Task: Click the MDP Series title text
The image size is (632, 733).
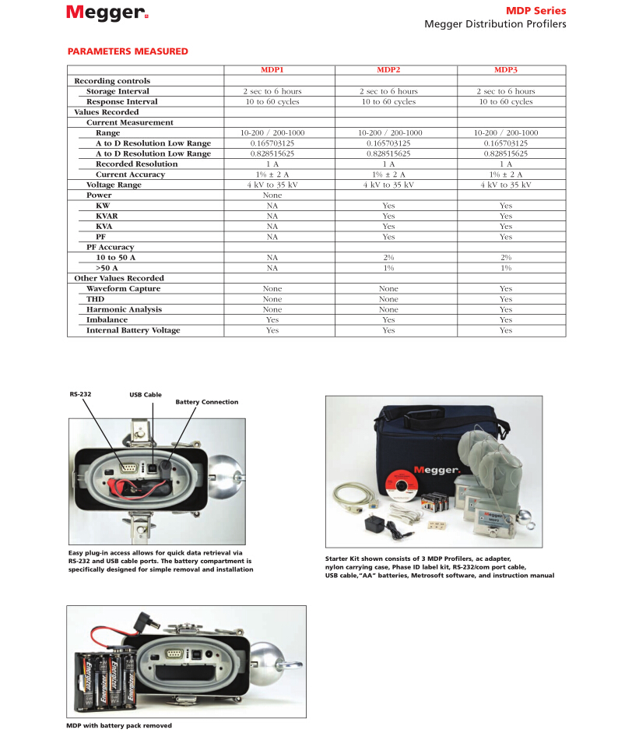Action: (535, 11)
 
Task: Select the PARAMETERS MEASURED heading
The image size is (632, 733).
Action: (128, 51)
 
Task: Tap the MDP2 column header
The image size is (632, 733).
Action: (388, 70)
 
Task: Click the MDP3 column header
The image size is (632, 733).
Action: (506, 70)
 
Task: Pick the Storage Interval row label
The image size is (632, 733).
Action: (118, 91)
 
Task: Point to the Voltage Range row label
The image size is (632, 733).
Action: (114, 185)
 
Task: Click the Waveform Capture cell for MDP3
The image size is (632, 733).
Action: (506, 288)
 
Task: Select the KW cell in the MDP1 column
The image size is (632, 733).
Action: (272, 206)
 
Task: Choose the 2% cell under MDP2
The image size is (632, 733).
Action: (388, 257)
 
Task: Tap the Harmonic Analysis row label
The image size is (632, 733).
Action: (123, 309)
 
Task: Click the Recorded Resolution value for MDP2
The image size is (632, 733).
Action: (388, 164)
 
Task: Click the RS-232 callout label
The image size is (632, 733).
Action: (80, 394)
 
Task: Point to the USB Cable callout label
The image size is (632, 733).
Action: (146, 395)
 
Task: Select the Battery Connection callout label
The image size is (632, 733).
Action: (206, 402)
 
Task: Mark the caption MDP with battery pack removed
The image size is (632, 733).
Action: (119, 725)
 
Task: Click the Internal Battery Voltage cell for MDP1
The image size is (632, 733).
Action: (272, 330)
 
